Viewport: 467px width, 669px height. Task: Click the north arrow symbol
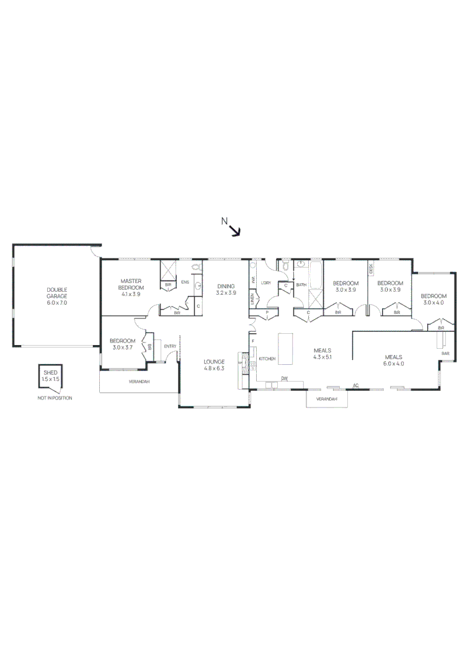tap(235, 230)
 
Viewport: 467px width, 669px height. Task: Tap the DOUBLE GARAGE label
tap(56, 296)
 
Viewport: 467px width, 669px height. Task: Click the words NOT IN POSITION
tap(55, 398)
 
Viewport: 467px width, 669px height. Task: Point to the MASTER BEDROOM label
tap(131, 284)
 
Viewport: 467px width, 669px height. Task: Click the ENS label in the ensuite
tap(185, 282)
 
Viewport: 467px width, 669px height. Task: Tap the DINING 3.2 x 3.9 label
tap(226, 289)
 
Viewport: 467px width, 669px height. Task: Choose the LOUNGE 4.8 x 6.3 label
tap(213, 365)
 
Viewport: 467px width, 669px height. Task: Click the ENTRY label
tap(170, 346)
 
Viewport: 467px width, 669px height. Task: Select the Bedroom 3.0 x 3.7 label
tap(122, 344)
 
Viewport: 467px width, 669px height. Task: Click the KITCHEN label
tap(267, 359)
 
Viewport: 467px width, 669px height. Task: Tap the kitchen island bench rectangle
tap(286, 349)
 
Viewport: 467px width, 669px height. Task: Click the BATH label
tap(301, 285)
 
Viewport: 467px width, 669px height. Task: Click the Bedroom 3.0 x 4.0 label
tap(434, 299)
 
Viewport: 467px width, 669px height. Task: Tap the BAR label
tap(445, 353)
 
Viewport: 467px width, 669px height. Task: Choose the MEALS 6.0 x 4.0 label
tap(394, 360)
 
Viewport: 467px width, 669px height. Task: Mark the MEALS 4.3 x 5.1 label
tap(322, 354)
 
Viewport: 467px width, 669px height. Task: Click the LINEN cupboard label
tap(252, 299)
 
